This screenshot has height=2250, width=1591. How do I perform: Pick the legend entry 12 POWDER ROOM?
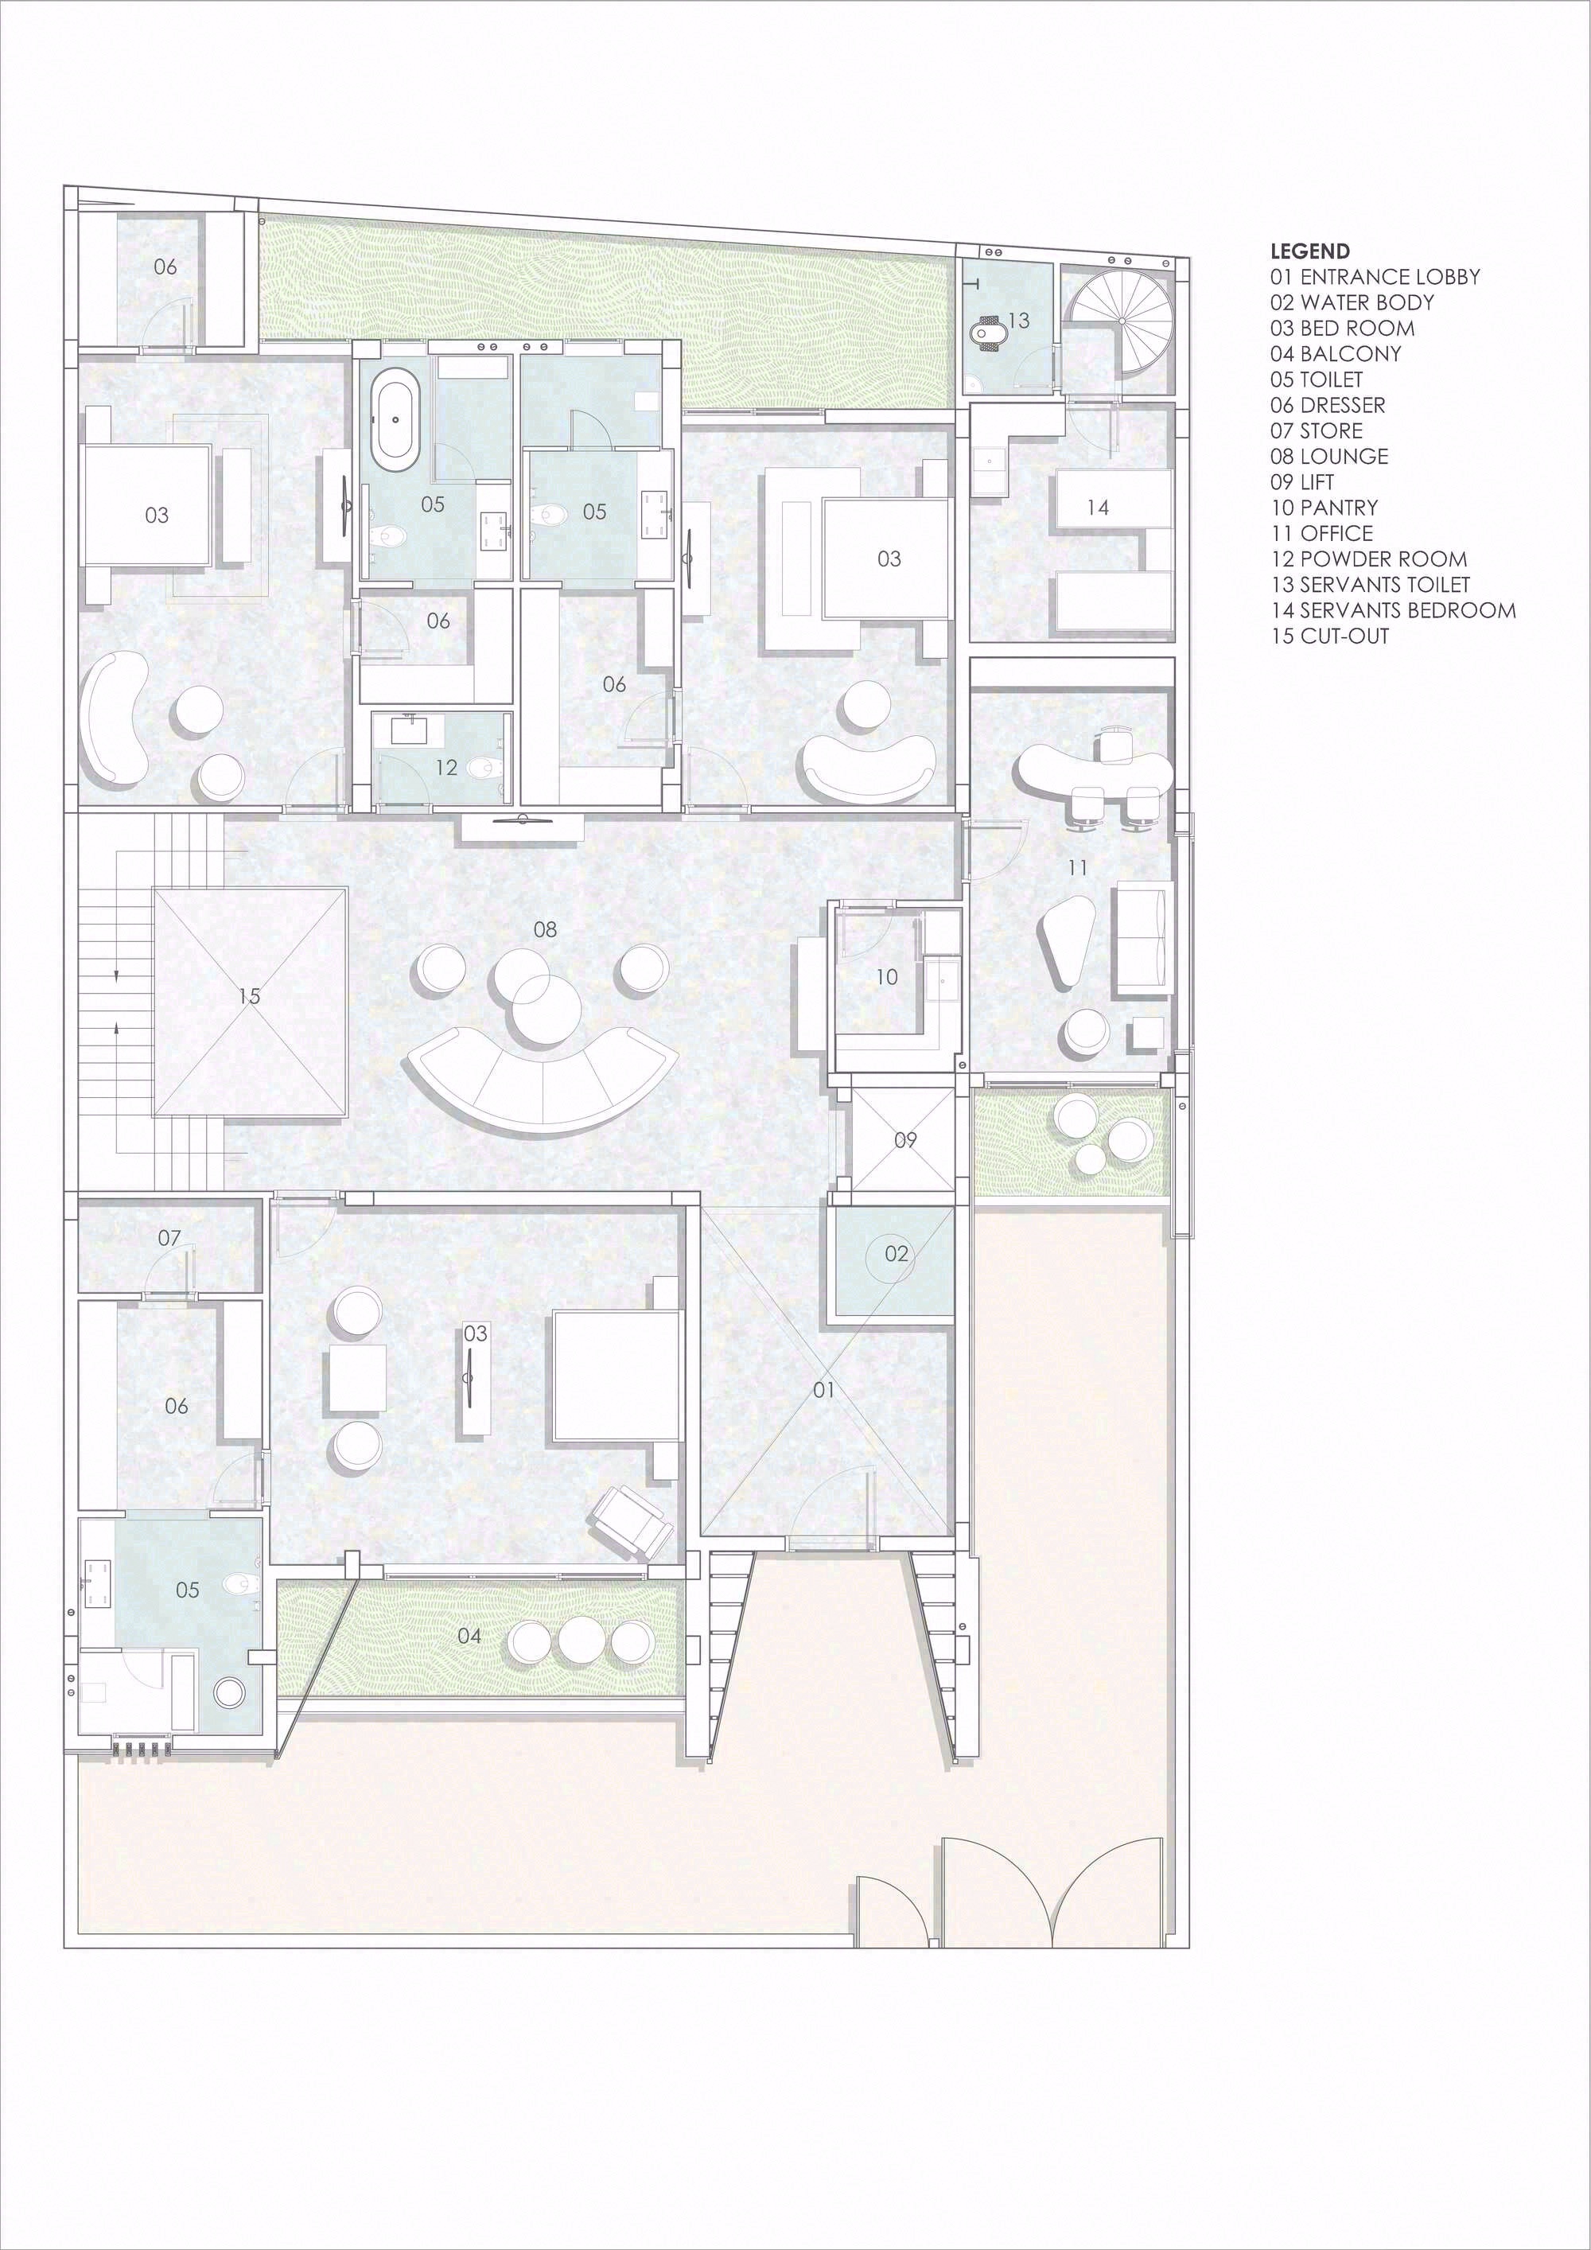pos(1368,559)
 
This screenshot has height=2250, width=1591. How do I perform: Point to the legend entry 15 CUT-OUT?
pos(1329,636)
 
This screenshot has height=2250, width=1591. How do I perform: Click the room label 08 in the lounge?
pos(545,929)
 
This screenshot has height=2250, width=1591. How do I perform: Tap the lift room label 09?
pos(905,1139)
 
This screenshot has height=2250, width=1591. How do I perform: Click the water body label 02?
pos(897,1253)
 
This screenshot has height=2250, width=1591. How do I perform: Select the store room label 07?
pos(169,1239)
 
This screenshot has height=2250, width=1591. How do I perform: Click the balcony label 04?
pos(469,1636)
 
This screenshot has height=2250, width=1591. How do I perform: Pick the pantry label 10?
pos(887,977)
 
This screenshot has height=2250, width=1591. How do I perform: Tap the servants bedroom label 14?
pos(1097,508)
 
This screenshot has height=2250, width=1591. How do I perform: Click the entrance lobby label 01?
pos(824,1390)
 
